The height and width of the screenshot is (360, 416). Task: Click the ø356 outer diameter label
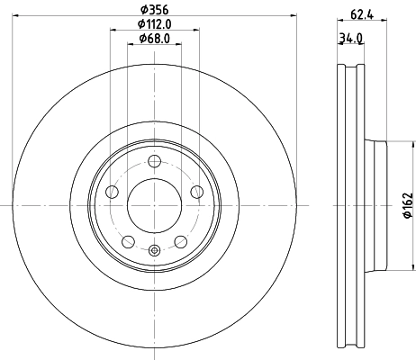point(155,10)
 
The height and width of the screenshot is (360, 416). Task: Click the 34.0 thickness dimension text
point(350,38)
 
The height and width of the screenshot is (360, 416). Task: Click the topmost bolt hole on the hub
point(155,161)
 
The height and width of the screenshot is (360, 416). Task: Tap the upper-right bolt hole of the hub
point(197,192)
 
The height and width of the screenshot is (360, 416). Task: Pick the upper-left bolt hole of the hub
point(112,192)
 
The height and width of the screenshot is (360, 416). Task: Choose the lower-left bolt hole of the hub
point(128,241)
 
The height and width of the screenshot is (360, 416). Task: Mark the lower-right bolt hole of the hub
point(181,241)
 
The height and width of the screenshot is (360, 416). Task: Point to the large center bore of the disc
point(155,206)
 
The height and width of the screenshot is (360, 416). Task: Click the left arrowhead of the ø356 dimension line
point(17,17)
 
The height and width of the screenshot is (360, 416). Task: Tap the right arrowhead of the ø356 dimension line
point(293,17)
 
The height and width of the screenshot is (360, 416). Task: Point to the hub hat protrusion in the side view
point(376,206)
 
